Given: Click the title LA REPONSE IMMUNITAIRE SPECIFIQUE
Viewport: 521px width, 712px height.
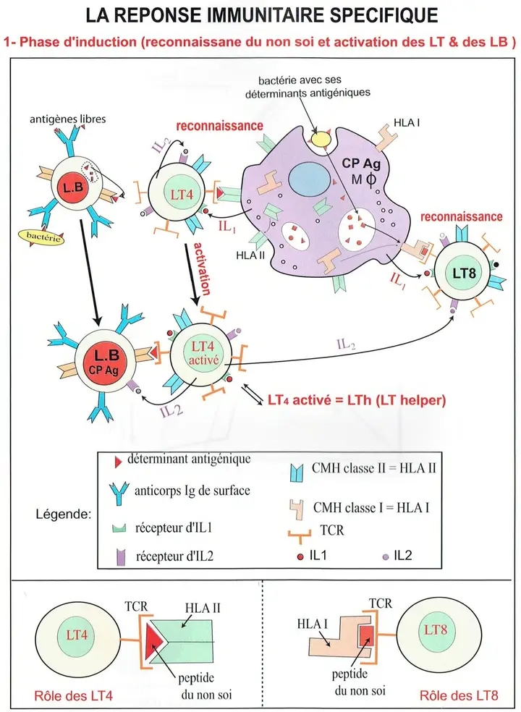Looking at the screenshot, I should pos(260,15).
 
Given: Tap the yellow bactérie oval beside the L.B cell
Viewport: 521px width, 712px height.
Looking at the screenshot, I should pos(42,237).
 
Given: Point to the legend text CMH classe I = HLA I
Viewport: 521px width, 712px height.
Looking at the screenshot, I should pos(370,507).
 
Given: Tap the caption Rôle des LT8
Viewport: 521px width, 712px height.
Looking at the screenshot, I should pos(458,698).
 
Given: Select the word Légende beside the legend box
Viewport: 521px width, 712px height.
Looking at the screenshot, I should pos(62,516).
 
